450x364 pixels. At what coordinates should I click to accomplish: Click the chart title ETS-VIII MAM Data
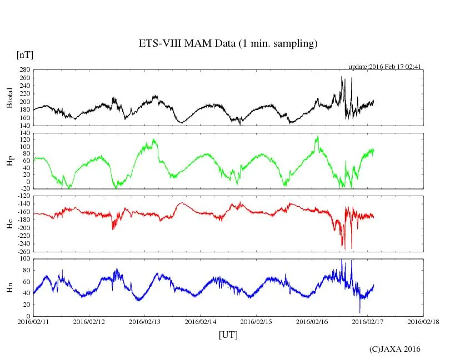click(x=228, y=44)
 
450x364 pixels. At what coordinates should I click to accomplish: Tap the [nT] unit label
click(x=25, y=55)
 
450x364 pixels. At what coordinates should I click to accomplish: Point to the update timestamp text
click(x=384, y=67)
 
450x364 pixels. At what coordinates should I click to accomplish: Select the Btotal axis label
click(x=9, y=98)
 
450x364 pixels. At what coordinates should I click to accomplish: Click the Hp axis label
click(x=9, y=161)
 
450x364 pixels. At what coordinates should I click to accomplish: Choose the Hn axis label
click(x=9, y=287)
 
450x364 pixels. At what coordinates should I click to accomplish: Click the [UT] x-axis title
click(x=228, y=335)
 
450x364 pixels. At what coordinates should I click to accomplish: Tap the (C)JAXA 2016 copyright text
click(x=395, y=349)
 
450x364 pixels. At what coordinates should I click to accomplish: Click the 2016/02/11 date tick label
click(x=33, y=322)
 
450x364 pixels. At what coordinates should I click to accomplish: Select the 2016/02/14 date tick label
click(x=201, y=322)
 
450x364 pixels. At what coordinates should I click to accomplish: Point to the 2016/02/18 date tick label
click(x=423, y=322)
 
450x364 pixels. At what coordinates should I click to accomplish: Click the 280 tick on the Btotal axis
click(x=24, y=71)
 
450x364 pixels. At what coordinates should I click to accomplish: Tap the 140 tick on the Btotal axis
click(x=24, y=126)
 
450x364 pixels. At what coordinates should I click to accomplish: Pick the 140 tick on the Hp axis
click(x=24, y=133)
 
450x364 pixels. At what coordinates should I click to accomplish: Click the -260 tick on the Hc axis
click(x=23, y=252)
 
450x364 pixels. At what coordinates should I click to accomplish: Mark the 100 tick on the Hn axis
click(x=24, y=259)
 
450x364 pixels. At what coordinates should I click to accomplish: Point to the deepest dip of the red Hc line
click(x=344, y=250)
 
